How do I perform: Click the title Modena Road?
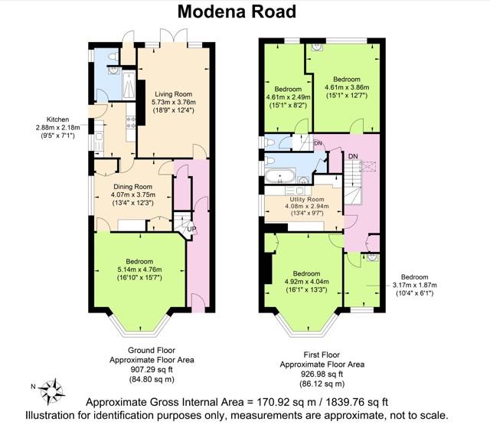click(x=237, y=12)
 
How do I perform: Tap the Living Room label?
click(x=174, y=94)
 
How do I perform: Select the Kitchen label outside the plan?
click(x=57, y=119)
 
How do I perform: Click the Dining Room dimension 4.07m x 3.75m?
click(x=132, y=195)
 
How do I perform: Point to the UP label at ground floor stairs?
click(x=191, y=229)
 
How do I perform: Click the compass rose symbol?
click(x=52, y=391)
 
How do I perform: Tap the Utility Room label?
click(x=306, y=199)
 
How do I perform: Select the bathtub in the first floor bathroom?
click(x=279, y=176)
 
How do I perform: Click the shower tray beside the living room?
click(x=129, y=85)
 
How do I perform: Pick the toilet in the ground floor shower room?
click(x=113, y=57)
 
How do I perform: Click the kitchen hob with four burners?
click(x=131, y=123)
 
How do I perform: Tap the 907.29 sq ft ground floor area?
click(x=152, y=370)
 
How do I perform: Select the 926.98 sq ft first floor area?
click(x=322, y=374)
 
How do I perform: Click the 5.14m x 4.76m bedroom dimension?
click(x=139, y=270)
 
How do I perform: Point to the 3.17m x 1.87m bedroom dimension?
click(x=415, y=285)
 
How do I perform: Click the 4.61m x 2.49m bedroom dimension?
click(x=288, y=97)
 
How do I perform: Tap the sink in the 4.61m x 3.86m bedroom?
click(x=316, y=47)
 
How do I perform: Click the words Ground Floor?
click(x=152, y=350)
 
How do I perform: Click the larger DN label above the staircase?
click(x=353, y=156)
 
